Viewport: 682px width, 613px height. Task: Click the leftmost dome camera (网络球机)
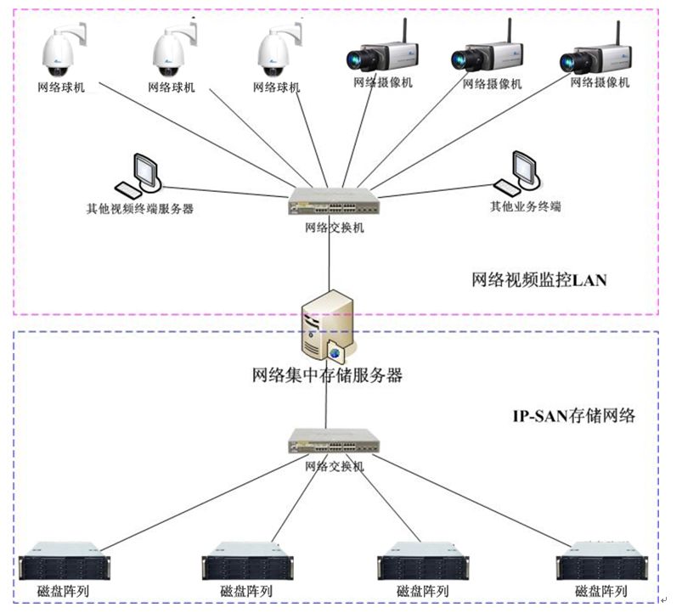point(65,51)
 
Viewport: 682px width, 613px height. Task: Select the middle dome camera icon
point(174,51)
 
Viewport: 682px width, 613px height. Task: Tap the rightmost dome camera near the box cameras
point(279,51)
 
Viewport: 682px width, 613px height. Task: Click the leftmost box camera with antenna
point(380,55)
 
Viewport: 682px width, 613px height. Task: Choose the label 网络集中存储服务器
point(327,375)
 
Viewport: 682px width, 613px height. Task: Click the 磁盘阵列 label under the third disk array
point(423,591)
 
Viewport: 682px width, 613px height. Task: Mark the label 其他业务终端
point(525,206)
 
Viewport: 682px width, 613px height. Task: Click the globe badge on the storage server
point(336,351)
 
